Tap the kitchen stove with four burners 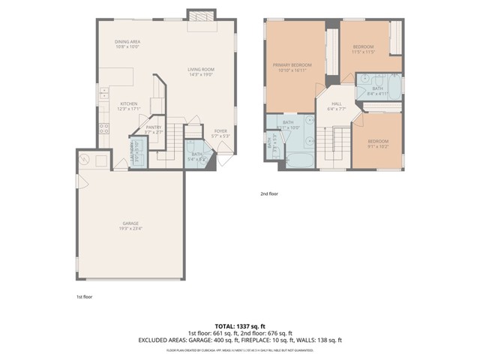[103, 127]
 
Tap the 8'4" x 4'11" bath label [377, 91]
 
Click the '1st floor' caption [83, 298]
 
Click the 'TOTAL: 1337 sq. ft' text [239, 326]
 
